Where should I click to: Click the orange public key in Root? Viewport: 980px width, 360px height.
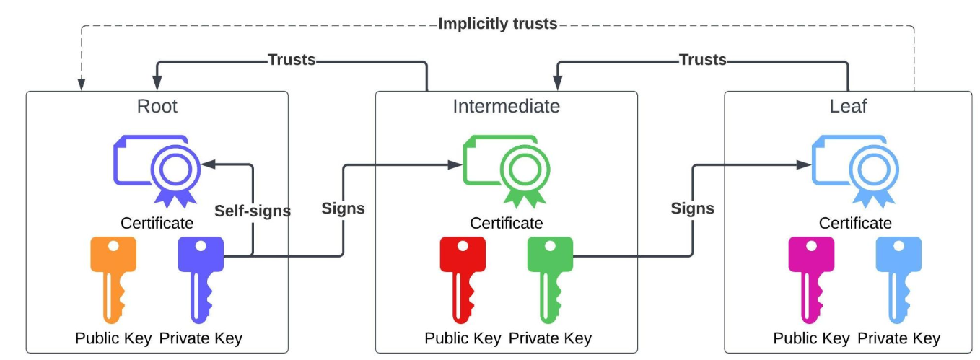[x=113, y=278]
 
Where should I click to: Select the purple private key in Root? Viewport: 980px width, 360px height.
[x=200, y=278]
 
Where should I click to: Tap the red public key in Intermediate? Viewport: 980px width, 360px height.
[x=462, y=278]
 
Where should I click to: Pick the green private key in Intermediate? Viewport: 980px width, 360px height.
[x=549, y=278]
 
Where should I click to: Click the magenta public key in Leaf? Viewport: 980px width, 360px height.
[x=810, y=278]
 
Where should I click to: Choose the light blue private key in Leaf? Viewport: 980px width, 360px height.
[x=898, y=278]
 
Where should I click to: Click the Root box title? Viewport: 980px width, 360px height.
[x=157, y=107]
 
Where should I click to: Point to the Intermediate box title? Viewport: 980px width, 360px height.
[x=506, y=107]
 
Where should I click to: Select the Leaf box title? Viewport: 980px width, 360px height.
[x=848, y=107]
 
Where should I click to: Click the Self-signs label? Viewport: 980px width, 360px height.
[x=253, y=211]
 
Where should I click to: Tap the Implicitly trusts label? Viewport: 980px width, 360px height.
[x=497, y=24]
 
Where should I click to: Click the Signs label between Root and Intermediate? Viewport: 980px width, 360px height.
[x=343, y=208]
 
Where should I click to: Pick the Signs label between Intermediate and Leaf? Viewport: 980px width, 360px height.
[x=692, y=208]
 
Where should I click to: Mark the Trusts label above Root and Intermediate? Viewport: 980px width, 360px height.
[x=292, y=60]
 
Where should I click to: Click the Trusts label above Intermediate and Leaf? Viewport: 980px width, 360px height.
[x=702, y=60]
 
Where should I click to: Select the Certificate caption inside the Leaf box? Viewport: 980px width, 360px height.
[x=855, y=223]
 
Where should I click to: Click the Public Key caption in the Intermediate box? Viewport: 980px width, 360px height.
[x=463, y=338]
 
